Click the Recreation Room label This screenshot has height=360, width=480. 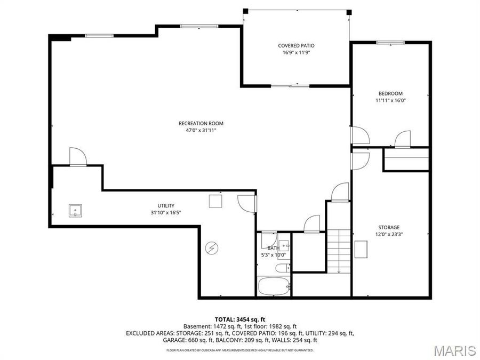197,123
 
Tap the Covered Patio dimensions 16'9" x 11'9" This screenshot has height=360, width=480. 295,53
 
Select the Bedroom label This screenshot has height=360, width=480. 390,93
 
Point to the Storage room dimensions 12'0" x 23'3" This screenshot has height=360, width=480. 389,234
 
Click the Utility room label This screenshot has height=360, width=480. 165,206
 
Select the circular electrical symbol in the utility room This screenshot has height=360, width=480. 212,248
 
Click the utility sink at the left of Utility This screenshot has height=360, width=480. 76,211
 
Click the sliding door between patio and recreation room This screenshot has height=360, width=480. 290,85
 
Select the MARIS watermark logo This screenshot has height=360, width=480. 454,350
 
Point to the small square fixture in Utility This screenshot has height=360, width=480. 215,201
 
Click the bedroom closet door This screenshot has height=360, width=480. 403,139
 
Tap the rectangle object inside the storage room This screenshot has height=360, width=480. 361,248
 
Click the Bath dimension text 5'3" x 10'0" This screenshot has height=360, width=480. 273,255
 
